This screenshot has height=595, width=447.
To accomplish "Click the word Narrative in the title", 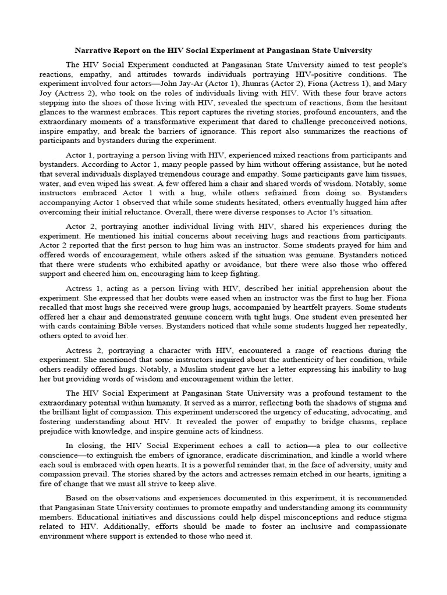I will (x=94, y=51).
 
